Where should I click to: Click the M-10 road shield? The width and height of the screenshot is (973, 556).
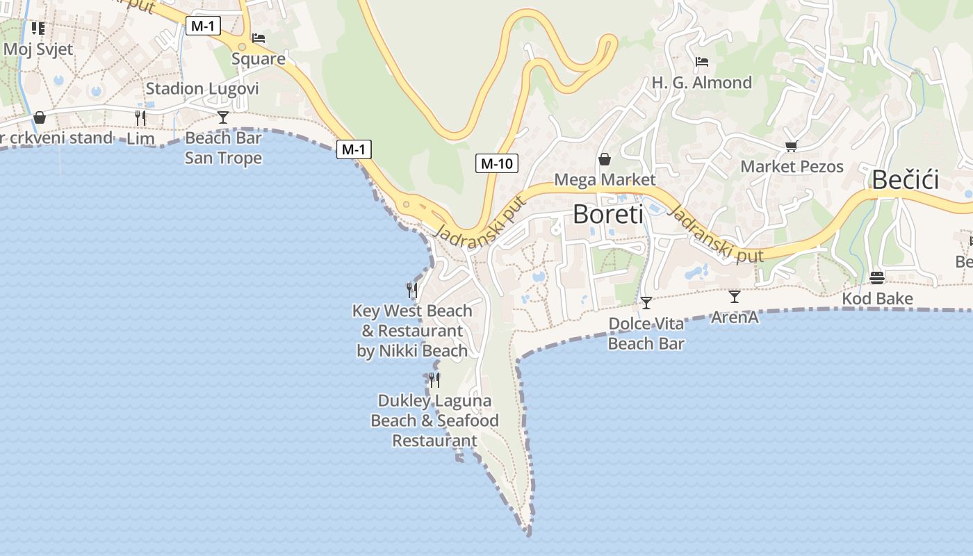(x=496, y=164)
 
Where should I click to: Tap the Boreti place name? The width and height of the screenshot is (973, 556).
(x=608, y=214)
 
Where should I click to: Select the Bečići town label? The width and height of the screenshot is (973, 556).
(x=905, y=180)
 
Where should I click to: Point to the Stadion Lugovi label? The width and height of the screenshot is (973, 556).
(x=202, y=89)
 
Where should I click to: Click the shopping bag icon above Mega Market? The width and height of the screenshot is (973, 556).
(x=605, y=159)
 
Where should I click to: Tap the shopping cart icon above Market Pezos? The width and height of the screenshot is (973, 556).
(x=791, y=146)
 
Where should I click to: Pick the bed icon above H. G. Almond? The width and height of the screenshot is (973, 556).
(x=702, y=62)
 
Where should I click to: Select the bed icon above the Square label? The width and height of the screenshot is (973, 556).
(x=259, y=38)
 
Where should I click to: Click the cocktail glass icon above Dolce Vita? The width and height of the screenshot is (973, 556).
(x=646, y=302)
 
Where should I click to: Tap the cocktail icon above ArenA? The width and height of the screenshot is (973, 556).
(x=735, y=297)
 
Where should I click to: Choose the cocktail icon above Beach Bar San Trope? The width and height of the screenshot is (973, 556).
(x=223, y=117)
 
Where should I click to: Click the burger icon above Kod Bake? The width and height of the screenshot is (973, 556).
(x=877, y=278)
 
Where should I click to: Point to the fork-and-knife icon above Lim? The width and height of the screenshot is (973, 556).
(x=141, y=117)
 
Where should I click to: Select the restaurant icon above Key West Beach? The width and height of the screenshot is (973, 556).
(x=412, y=290)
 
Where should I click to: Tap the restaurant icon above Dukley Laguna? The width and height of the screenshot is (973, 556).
(x=434, y=379)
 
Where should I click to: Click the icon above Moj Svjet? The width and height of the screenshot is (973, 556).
(x=38, y=28)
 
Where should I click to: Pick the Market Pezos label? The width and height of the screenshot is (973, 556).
(x=792, y=167)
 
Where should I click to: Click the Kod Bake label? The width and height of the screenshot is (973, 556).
(x=877, y=299)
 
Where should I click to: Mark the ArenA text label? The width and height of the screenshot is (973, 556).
(x=735, y=318)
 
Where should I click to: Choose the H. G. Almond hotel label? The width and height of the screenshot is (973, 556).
(x=702, y=83)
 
